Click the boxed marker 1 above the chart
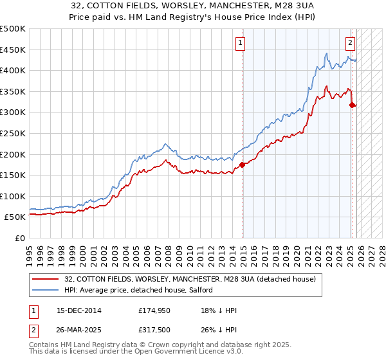point(239,43)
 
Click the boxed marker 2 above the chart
point(350,43)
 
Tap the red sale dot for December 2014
point(242,165)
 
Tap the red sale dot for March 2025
point(352,105)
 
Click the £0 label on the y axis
point(20,238)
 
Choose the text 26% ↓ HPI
point(219,331)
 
